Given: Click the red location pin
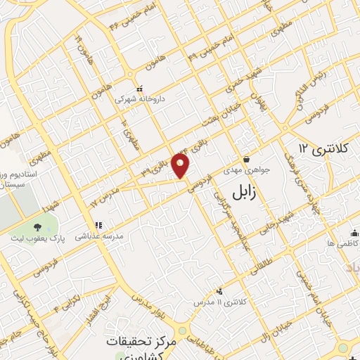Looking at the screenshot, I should point(181,165).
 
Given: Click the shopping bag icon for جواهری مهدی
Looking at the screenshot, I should point(245,159).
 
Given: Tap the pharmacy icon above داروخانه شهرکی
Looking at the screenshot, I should point(140,89).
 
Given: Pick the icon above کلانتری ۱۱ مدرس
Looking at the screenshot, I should point(220,290).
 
